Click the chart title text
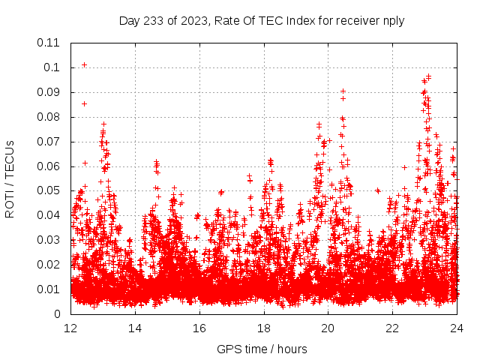262,21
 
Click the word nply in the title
393,21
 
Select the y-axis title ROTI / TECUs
10,178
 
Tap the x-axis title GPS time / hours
262,349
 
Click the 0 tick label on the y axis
57,314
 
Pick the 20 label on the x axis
328,328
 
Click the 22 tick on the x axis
393,328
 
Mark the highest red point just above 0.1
84,64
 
